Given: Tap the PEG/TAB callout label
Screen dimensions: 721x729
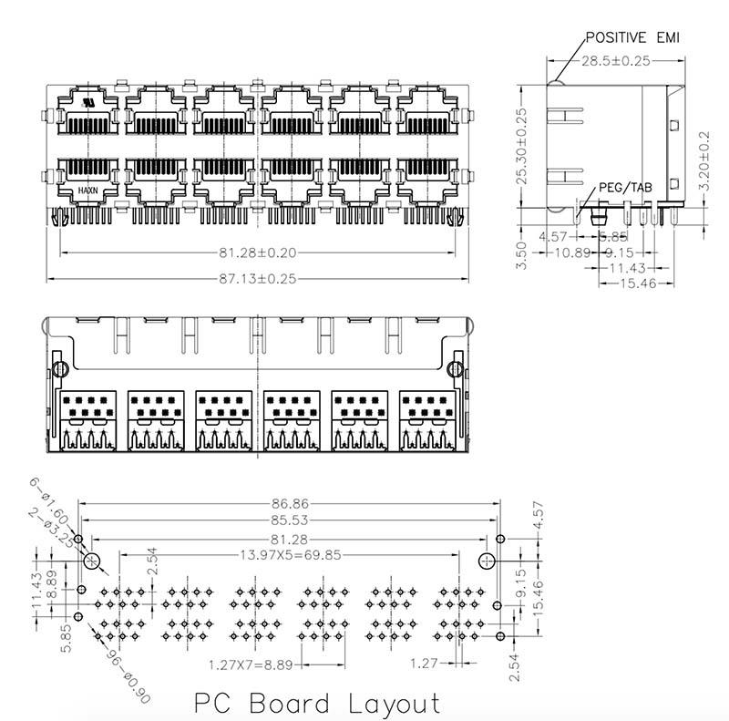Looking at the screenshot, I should coord(625,188).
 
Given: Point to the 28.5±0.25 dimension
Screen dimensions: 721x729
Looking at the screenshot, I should coord(617,62).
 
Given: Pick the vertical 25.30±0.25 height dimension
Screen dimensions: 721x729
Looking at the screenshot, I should coord(522,149).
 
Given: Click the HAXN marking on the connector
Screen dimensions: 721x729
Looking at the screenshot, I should coord(87,190).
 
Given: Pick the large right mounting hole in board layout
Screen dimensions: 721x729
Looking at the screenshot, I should coord(488,561).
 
